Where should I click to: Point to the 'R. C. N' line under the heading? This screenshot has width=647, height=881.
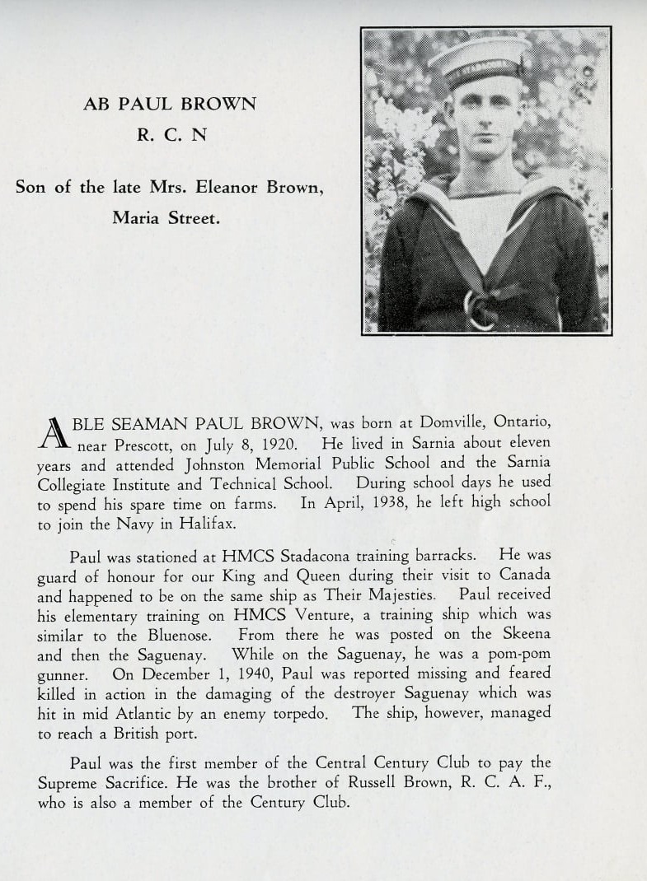(x=171, y=135)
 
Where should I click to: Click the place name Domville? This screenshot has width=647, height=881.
(x=443, y=422)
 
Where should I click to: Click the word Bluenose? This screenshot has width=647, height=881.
(x=182, y=635)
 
